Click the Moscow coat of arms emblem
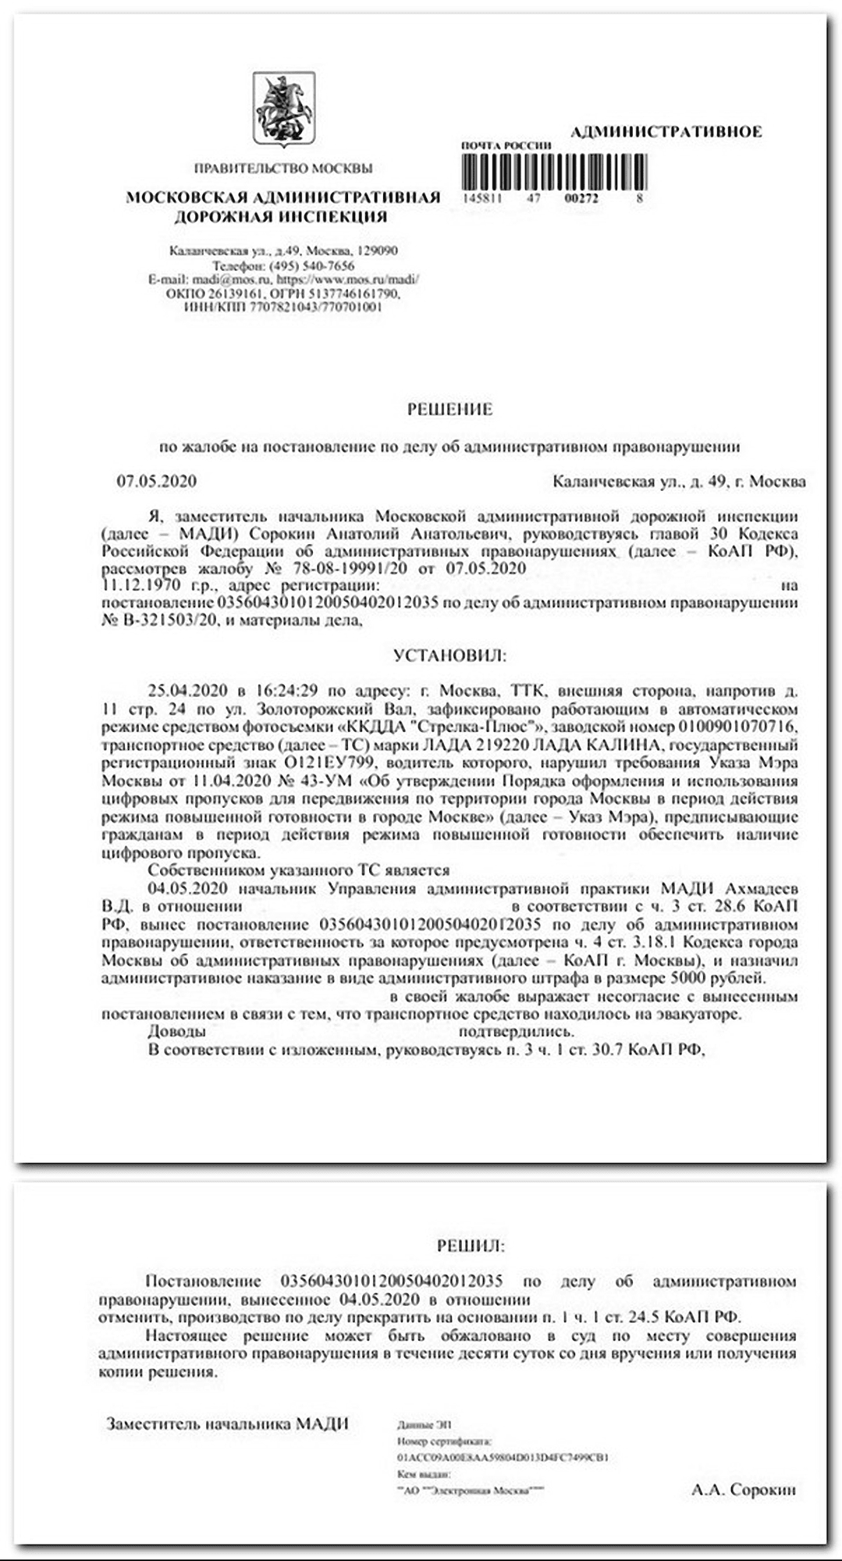click(x=283, y=109)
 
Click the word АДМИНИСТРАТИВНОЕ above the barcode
click(x=666, y=132)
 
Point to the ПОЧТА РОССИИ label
click(x=506, y=146)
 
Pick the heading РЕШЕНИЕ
click(x=449, y=409)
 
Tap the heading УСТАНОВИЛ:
click(x=449, y=655)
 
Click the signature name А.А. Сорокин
click(x=743, y=1490)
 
